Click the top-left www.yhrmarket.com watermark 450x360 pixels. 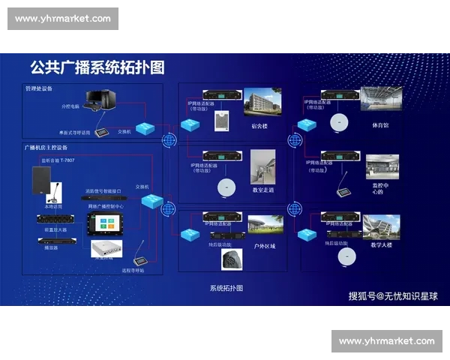click(x=63, y=19)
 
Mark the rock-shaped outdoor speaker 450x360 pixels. click(x=230, y=259)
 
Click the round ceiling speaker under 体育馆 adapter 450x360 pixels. click(x=340, y=121)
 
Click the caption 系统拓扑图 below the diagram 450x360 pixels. click(x=226, y=288)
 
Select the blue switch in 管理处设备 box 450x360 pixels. click(x=145, y=129)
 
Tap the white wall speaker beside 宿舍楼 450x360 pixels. click(x=221, y=121)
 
